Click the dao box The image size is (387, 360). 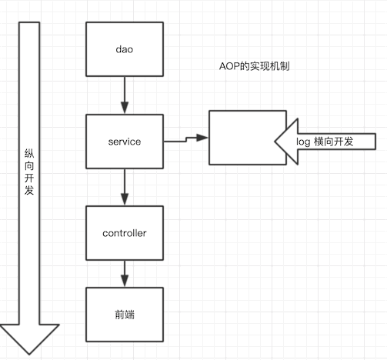(125, 49)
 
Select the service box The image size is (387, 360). (125, 142)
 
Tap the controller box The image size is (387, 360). (125, 233)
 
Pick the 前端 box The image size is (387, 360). (125, 315)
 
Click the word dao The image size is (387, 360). (125, 49)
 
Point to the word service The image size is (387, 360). (125, 142)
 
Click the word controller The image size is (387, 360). (125, 233)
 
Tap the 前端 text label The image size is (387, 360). (125, 315)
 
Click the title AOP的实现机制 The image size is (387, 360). (255, 66)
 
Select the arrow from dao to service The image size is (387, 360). (125, 95)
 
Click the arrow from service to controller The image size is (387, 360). (125, 188)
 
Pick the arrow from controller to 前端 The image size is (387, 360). (125, 274)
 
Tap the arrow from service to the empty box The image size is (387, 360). (186, 139)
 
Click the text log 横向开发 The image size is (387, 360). (325, 142)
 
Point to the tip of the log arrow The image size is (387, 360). (275, 142)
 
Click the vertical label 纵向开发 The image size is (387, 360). (29, 172)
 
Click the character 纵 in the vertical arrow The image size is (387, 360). (29, 153)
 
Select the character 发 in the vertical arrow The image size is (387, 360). (29, 190)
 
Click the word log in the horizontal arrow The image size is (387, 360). (303, 142)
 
